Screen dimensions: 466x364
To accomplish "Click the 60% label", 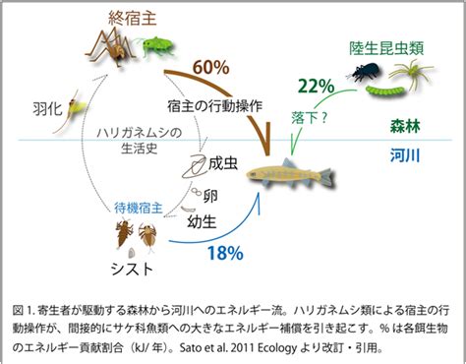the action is coord(210,67).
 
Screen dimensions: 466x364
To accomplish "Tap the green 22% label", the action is coord(317,87).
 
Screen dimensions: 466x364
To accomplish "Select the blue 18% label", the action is coord(225,253).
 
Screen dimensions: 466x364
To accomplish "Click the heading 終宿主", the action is coord(133,18).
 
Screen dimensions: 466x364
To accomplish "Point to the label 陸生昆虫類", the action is coord(386,47).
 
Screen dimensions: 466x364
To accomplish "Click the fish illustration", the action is coord(291,174).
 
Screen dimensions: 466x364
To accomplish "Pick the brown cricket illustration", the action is coord(110,46).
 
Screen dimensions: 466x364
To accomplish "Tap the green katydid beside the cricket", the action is coord(156,46).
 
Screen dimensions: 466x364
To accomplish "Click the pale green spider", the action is coord(411,75).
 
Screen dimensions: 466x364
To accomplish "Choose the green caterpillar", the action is coord(385,90).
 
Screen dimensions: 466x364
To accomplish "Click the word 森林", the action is coord(405,126).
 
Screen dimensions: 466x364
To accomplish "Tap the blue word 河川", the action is coord(405,155).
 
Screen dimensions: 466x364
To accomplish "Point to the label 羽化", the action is coord(47,108).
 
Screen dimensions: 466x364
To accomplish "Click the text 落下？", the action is coord(310,117).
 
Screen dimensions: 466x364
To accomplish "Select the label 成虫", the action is coord(223,163).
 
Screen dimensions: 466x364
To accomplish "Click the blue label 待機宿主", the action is coord(139,208).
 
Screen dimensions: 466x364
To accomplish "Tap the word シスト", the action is coord(132,269).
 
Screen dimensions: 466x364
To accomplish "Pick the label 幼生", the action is coord(202,222).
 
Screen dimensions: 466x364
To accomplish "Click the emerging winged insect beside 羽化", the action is coord(72,111).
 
